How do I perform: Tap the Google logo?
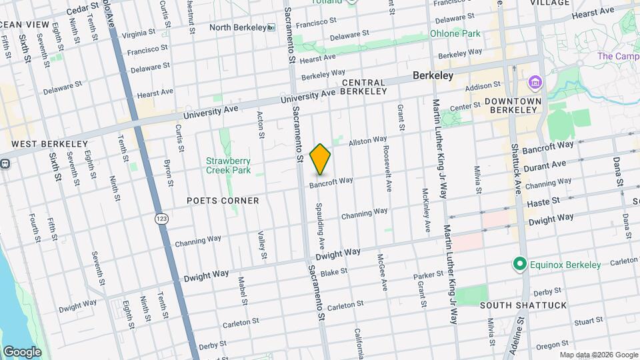22,351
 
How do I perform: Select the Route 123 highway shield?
160,218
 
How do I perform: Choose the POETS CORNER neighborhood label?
223,200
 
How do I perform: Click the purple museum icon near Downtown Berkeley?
535,83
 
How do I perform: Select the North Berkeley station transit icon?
271,27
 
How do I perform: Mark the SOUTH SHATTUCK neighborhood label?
523,305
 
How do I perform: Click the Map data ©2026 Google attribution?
598,355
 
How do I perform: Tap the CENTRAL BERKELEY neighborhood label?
364,87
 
